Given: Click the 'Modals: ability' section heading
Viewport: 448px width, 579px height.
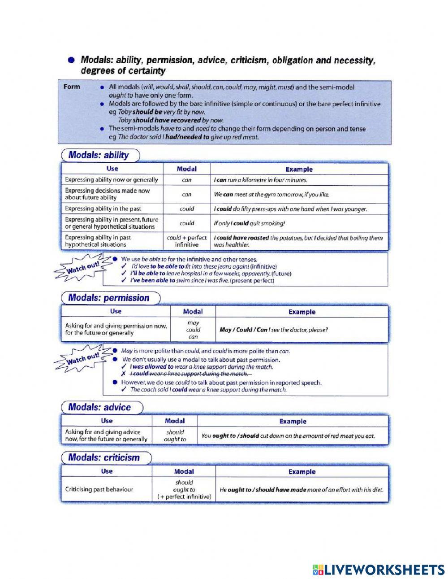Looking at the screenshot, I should tap(99, 156).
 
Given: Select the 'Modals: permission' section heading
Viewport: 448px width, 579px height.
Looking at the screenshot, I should tap(109, 298).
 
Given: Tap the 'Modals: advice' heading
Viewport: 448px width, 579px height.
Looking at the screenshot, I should tap(99, 407).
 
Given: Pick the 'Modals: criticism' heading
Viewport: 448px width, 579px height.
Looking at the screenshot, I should tap(104, 457).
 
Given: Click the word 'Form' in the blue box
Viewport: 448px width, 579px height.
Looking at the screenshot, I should tap(72, 87).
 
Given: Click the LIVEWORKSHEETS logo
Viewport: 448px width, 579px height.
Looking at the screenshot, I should tap(378, 569).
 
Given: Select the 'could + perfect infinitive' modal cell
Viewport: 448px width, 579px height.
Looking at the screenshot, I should tap(187, 241).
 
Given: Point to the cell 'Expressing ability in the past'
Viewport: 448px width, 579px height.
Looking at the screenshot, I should tap(103, 209).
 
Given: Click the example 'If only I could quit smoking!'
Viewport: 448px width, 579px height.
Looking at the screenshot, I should tap(250, 223).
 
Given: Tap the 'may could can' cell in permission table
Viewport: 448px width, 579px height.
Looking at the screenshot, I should tap(193, 330).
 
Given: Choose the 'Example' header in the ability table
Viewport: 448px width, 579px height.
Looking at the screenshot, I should tap(299, 169).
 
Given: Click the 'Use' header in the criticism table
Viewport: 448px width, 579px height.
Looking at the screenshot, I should tap(107, 471).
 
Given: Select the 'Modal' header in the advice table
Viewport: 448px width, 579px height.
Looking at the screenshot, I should tap(175, 421).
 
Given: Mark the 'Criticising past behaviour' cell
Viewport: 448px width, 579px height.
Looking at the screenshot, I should tap(99, 489).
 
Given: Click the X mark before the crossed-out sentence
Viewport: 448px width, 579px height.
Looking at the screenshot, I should tap(123, 374).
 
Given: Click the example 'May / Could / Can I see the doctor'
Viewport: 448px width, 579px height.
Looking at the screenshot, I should tap(273, 330).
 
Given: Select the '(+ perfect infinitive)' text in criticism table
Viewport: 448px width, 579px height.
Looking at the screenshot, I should tap(184, 496).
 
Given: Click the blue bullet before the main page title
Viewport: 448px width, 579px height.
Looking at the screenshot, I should tap(70, 60).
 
